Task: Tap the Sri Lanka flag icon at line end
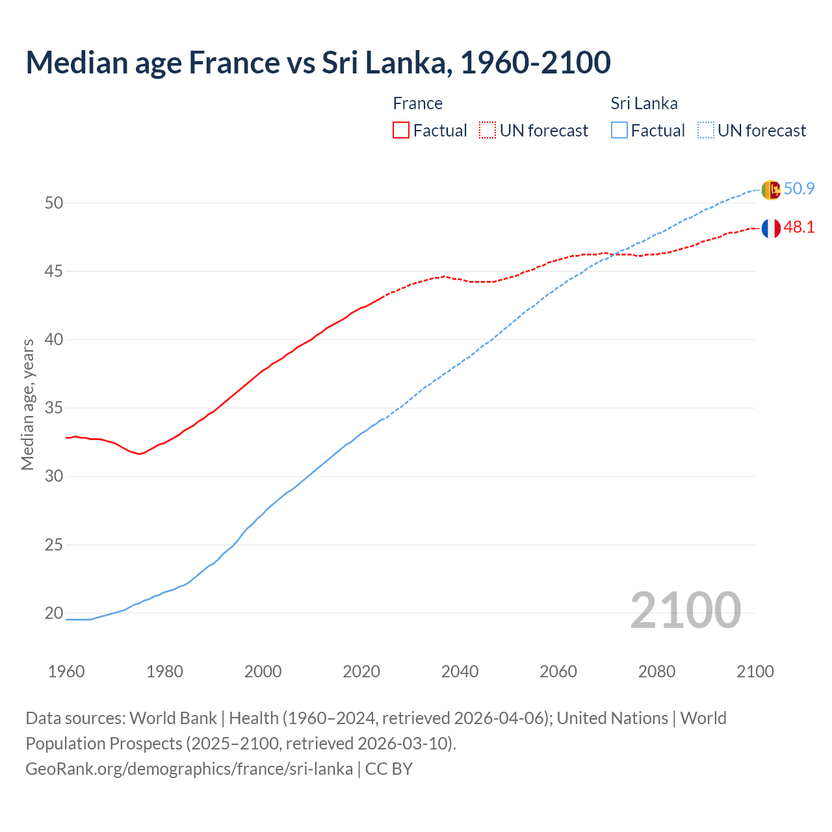click(x=770, y=190)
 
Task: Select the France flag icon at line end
click(x=770, y=228)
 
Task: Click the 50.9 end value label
click(x=799, y=189)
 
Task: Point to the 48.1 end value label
click(x=799, y=227)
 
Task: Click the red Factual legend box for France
click(x=401, y=131)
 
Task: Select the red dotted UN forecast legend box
click(x=487, y=131)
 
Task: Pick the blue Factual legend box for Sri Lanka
click(x=619, y=131)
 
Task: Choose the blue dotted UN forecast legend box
click(x=706, y=131)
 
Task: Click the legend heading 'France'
click(x=417, y=103)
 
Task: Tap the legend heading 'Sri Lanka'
click(x=643, y=103)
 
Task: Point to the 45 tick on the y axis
click(x=53, y=271)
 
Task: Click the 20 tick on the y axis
click(x=53, y=613)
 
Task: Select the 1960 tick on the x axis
click(x=66, y=671)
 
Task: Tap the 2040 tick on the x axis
click(x=460, y=671)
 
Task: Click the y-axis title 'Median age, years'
click(x=27, y=404)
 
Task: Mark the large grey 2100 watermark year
click(x=685, y=610)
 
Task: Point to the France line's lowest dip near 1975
click(x=139, y=454)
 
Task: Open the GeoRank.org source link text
click(x=189, y=769)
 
